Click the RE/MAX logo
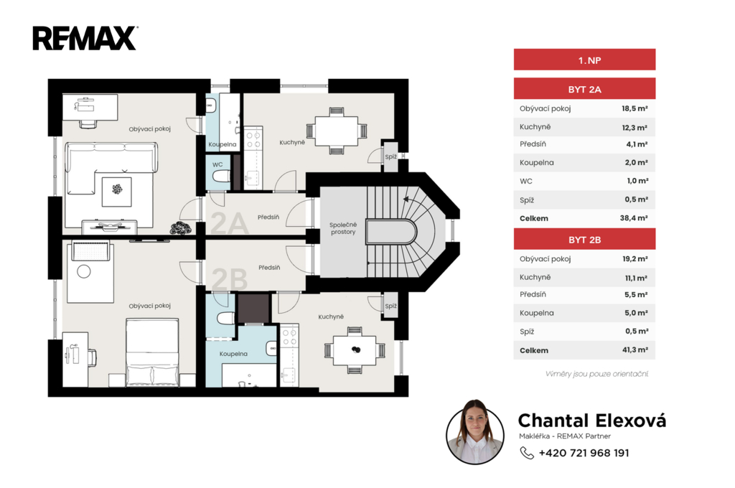85,38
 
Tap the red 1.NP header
584,60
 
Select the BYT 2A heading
584,90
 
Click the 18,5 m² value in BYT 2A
635,108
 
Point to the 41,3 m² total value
635,349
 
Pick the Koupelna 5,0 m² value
636,313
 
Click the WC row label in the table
526,181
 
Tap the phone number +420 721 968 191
584,453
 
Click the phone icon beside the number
527,453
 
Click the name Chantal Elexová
591,421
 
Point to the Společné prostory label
343,228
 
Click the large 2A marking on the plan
229,223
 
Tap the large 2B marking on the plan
229,279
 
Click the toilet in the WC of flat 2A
221,177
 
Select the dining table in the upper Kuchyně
337,131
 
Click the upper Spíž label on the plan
391,157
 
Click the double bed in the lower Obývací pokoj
152,352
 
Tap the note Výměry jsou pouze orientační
596,374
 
